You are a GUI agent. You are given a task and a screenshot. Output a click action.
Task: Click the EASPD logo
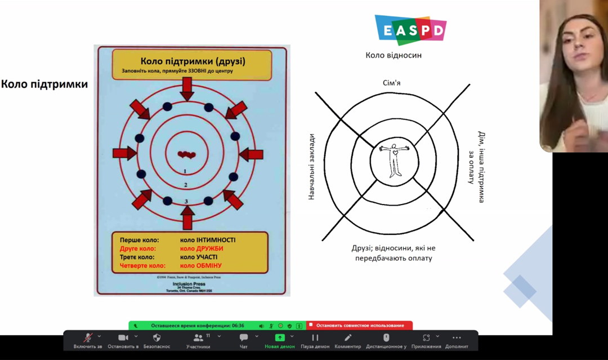410,30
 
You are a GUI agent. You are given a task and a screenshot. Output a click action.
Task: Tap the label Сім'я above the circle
392,83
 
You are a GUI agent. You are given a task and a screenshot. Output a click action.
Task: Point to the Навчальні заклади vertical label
311,167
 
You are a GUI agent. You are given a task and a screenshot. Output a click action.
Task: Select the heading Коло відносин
394,55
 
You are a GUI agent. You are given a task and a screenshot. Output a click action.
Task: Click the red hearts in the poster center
186,154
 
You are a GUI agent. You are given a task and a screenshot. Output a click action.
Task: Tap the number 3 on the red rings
186,201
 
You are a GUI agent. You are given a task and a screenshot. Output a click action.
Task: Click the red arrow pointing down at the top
187,88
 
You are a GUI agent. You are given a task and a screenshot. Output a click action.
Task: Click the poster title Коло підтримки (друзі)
192,61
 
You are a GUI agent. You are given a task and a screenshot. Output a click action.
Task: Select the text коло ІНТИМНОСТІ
208,240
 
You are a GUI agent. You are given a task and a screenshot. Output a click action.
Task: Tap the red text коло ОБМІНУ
201,265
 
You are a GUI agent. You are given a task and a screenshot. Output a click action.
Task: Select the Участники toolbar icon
198,338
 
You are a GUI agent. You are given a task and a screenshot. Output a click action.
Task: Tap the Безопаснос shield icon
157,338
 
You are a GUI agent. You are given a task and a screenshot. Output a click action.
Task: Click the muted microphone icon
88,338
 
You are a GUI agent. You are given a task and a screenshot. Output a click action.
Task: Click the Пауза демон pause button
315,338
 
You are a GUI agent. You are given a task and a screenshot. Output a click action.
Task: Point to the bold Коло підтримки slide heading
44,85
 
